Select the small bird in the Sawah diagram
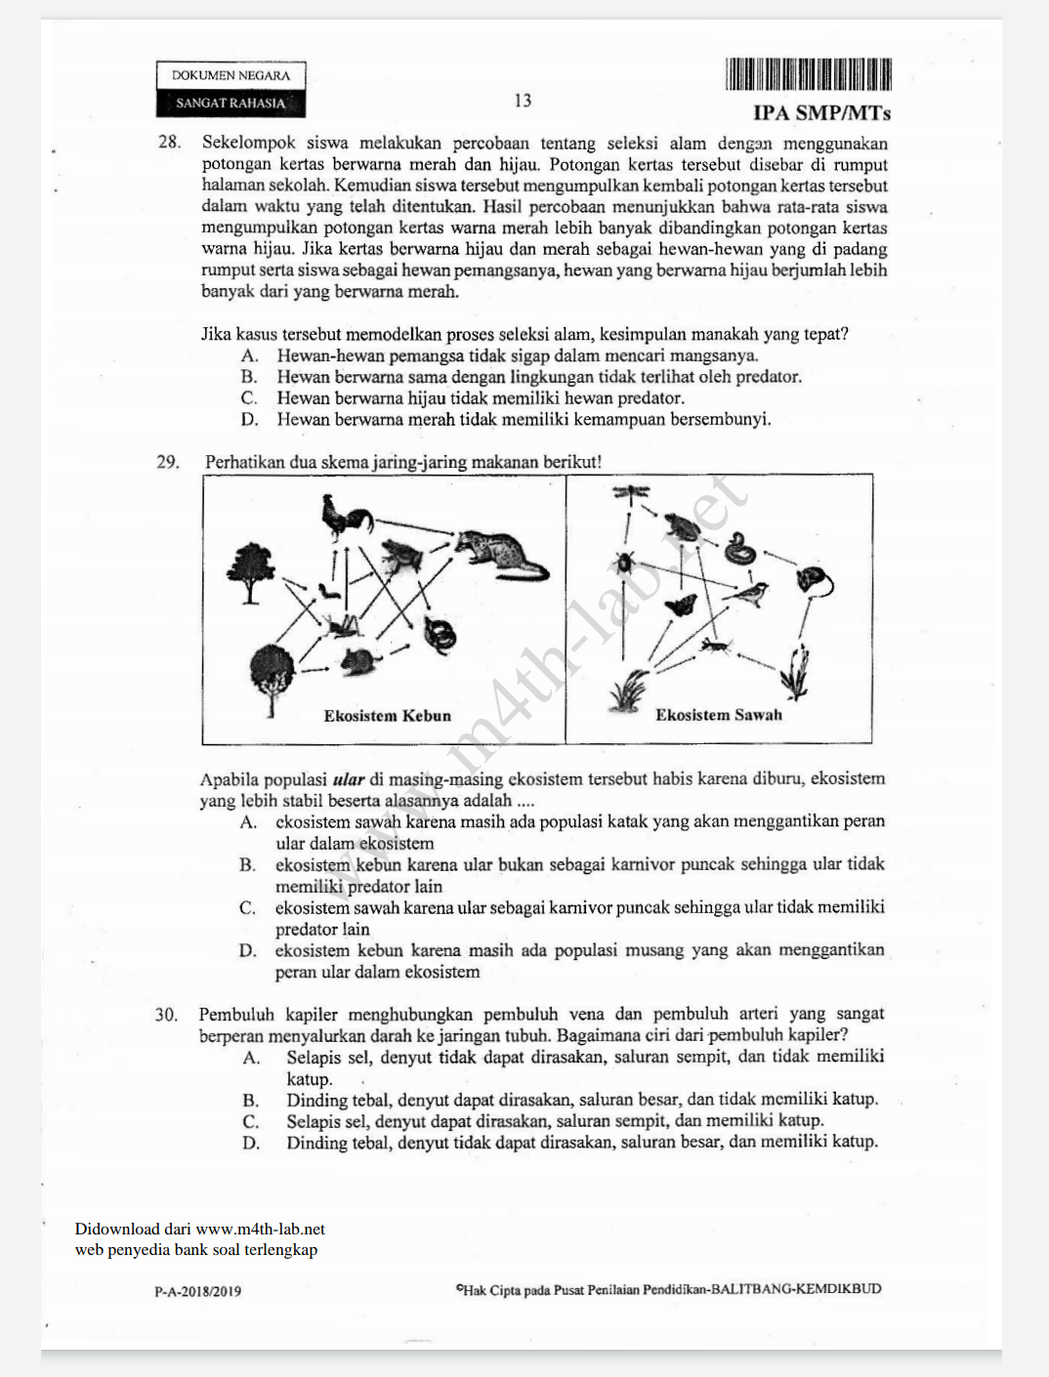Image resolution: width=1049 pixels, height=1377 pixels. (751, 593)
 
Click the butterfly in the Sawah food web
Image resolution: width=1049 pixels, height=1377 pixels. (680, 606)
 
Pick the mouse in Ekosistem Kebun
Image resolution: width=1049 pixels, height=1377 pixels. (358, 661)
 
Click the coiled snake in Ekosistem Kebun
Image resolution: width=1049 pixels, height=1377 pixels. (440, 635)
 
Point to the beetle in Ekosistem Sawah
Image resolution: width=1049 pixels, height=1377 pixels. (624, 562)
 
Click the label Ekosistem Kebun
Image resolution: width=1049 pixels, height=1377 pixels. (387, 716)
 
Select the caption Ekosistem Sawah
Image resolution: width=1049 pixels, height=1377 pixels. (719, 715)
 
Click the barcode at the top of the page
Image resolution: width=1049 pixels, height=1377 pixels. (808, 74)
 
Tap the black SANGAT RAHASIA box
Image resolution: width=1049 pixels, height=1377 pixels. (231, 103)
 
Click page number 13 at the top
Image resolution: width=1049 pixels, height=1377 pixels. (523, 101)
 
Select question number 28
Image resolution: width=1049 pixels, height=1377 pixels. (169, 143)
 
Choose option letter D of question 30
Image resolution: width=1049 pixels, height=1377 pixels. (251, 1143)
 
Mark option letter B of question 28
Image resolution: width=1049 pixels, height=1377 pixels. (249, 377)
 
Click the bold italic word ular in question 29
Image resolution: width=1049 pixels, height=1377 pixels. (349, 779)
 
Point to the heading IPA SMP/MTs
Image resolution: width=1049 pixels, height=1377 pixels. (821, 113)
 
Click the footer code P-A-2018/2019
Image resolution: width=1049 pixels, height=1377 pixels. (197, 1291)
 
